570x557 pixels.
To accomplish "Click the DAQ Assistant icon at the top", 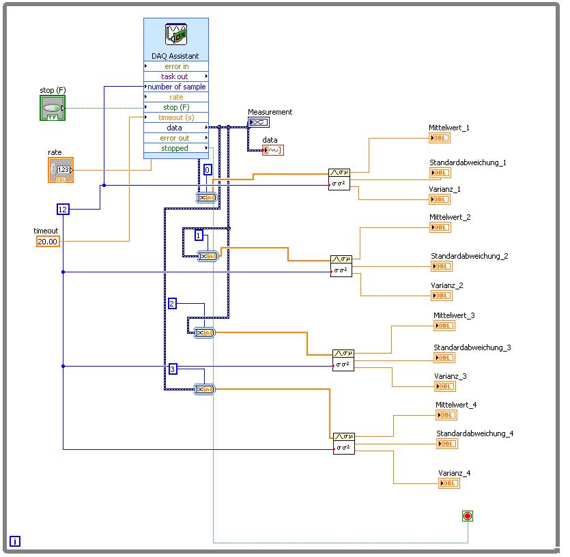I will [176, 35].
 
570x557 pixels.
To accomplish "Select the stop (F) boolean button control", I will [52, 108].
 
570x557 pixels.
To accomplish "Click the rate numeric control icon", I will [60, 170].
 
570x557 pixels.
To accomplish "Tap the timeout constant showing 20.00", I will [48, 242].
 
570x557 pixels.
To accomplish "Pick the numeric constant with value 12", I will [63, 210].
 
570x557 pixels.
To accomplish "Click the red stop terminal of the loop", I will [468, 516].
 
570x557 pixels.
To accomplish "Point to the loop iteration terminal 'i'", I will [15, 541].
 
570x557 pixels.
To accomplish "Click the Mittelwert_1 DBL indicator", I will [440, 138].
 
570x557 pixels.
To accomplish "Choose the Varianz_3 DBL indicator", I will [444, 386].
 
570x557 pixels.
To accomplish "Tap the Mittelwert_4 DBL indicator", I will [446, 415].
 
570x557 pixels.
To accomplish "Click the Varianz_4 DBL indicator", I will [448, 483].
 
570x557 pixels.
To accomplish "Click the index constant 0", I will [208, 170].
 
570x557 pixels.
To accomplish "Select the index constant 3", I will [173, 369].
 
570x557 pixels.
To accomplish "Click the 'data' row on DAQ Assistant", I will [175, 128].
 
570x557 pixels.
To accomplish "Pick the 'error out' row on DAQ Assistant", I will [175, 138].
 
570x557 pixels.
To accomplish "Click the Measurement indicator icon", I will [259, 122].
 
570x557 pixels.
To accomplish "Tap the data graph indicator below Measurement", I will [272, 150].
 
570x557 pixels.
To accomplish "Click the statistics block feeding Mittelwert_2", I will [341, 266].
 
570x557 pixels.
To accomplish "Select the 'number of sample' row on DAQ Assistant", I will [175, 87].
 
